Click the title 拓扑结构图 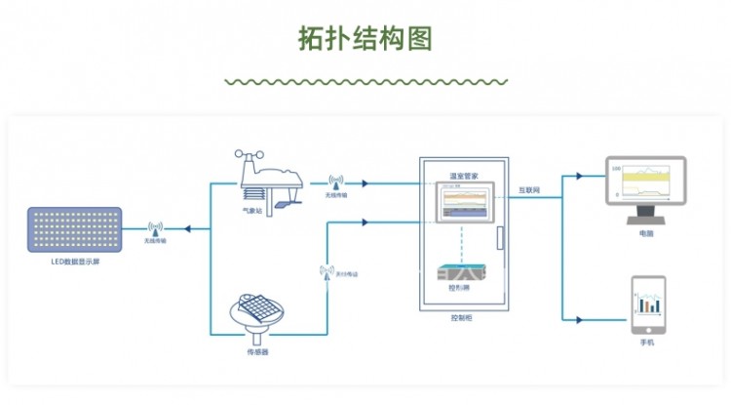coord(365,38)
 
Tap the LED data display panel coord(75,230)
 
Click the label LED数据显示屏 coord(75,262)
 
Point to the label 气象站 coord(251,211)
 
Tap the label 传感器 coord(258,350)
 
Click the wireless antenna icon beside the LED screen coord(153,228)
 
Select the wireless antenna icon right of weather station coord(336,182)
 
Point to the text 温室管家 coord(462,176)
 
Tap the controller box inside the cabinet coord(459,274)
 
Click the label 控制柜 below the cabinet coord(462,318)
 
